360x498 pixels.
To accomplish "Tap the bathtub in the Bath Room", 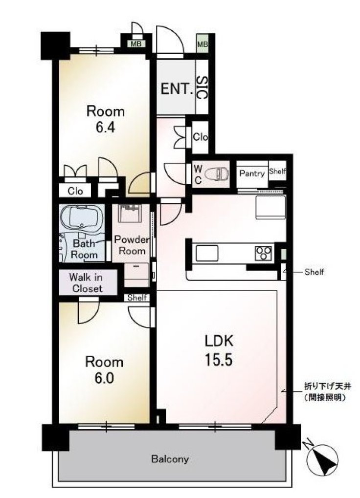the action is pyautogui.click(x=82, y=217).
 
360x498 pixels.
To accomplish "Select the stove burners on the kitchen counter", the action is pyautogui.click(x=264, y=253).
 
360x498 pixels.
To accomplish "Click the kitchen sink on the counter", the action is pyautogui.click(x=207, y=253).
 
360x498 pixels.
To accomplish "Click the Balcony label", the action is pyautogui.click(x=170, y=458).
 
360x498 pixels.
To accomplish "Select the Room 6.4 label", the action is pyautogui.click(x=106, y=119).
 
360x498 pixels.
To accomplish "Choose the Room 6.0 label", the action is pyautogui.click(x=104, y=370).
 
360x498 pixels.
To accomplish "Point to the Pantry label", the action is pyautogui.click(x=252, y=173).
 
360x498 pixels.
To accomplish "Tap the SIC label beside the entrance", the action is pyautogui.click(x=202, y=87).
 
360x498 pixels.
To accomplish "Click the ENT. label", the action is pyautogui.click(x=177, y=88).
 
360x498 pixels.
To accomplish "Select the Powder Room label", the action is pyautogui.click(x=132, y=245).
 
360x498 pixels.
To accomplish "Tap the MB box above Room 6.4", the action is pyautogui.click(x=136, y=44).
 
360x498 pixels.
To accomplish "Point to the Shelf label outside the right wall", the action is pyautogui.click(x=314, y=272).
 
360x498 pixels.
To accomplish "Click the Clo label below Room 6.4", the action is pyautogui.click(x=75, y=191).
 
